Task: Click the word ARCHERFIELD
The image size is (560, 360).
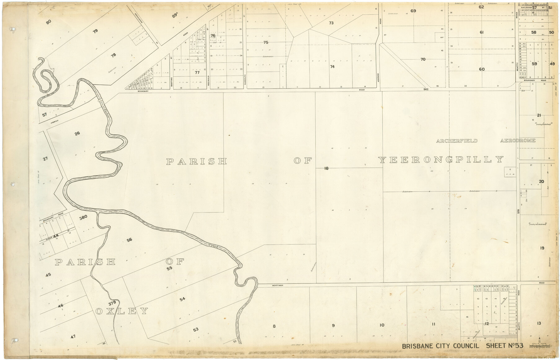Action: pos(457,141)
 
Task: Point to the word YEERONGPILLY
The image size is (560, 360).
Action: pos(441,160)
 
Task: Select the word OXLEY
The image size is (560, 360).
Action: pos(122,311)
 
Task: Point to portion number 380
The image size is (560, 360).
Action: pos(83,217)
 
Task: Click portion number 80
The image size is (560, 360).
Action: pos(48,22)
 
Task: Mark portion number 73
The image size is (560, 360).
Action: pos(331,23)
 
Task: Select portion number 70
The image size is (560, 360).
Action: pos(423,59)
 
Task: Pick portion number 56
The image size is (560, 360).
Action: pos(129,240)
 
